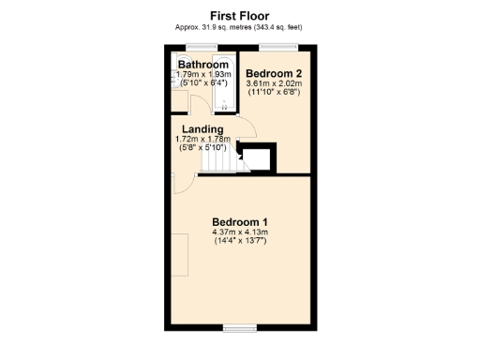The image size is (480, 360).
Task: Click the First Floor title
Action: pos(239,16)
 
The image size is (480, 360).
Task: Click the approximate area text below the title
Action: pos(239,27)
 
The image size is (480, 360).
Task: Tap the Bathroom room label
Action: pos(203,65)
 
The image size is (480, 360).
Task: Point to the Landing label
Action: pos(202,129)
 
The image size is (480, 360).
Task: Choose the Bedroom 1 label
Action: pos(239,222)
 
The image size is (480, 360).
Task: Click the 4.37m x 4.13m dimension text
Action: pos(239,232)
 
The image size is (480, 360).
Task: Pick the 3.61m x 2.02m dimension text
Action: pos(274,83)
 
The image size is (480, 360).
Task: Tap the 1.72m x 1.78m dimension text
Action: pos(202,140)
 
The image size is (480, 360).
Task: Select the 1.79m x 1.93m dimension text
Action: pos(203,74)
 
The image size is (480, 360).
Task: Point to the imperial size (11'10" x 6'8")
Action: pos(274,93)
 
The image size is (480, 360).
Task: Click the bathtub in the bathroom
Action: pos(229,80)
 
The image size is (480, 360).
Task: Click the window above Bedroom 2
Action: pos(274,46)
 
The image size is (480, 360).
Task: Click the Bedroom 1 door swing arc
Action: pos(185,184)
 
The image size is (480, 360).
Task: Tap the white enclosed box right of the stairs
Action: pos(260,157)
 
